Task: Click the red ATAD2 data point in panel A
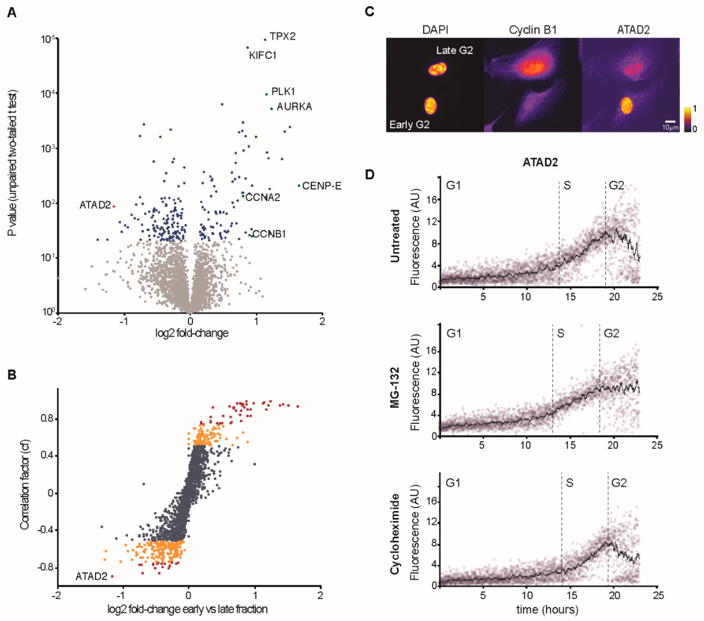[114, 206]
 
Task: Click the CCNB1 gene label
[269, 234]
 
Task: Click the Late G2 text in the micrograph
[454, 50]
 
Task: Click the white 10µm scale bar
[670, 122]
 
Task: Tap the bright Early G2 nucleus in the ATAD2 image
[627, 105]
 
